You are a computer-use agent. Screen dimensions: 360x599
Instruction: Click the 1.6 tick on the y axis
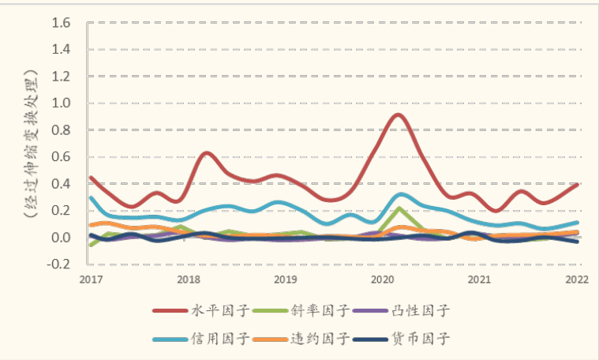(x=61, y=22)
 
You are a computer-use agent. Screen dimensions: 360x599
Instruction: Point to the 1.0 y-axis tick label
(x=61, y=103)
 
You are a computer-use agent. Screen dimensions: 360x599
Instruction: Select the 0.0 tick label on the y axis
(x=61, y=238)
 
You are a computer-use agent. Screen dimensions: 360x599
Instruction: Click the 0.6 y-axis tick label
(x=61, y=156)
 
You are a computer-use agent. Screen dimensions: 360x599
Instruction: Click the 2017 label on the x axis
(x=91, y=279)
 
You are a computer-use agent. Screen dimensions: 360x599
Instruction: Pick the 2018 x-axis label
(x=188, y=279)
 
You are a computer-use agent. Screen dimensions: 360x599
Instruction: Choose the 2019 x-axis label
(x=285, y=279)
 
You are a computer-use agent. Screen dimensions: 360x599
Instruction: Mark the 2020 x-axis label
(x=383, y=279)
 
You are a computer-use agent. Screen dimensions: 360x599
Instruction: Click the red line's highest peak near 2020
(x=398, y=115)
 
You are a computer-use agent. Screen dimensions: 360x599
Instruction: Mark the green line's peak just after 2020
(x=399, y=208)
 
